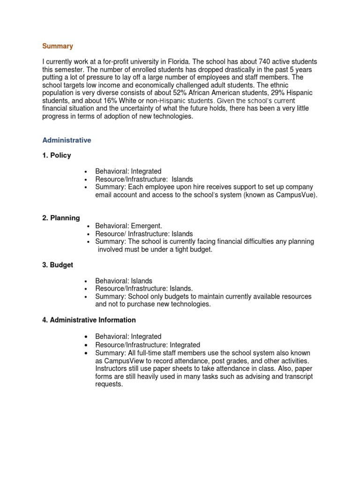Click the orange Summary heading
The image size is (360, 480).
(58, 46)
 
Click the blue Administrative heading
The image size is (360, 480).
(67, 140)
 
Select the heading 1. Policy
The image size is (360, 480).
(57, 155)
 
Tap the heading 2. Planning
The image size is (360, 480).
(61, 218)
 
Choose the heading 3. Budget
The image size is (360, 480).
(58, 265)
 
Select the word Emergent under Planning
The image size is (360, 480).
(147, 226)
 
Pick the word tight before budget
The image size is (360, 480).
(178, 250)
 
